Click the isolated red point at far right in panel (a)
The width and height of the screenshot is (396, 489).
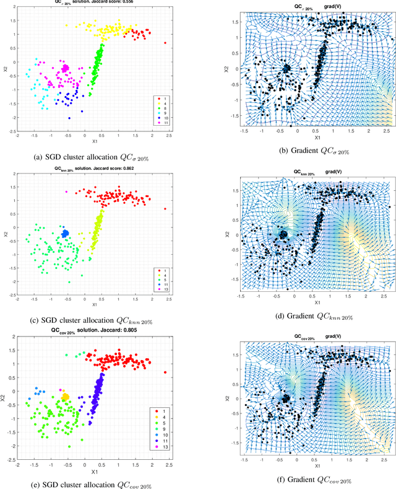pyautogui.click(x=165, y=43)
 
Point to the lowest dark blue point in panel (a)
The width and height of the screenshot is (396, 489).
pyautogui.click(x=69, y=118)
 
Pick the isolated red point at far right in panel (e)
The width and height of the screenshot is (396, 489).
pyautogui.click(x=165, y=372)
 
